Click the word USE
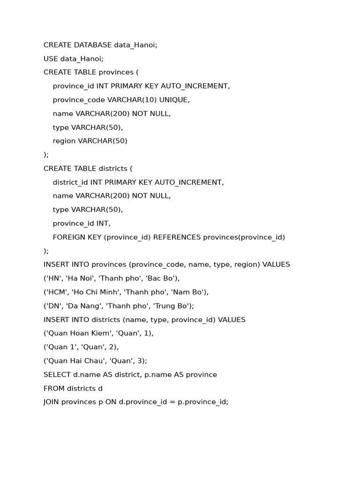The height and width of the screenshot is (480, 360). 51,59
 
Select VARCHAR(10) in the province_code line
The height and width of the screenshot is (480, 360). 132,100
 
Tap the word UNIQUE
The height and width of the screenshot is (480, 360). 174,100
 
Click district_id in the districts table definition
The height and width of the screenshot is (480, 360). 70,182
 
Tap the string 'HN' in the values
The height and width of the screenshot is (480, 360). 52,278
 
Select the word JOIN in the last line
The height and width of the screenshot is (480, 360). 51,402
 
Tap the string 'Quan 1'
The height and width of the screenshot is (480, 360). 59,347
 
